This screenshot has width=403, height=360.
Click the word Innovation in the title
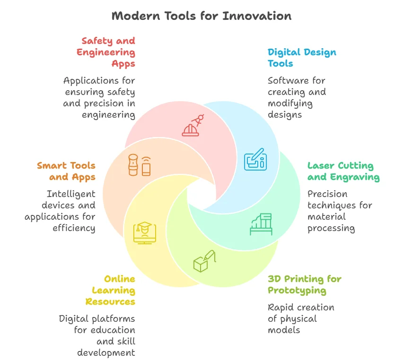[x=257, y=16]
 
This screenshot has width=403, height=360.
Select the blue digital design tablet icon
[x=255, y=160]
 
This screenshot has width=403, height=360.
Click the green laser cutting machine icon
[x=261, y=224]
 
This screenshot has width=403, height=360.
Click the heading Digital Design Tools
[x=302, y=58]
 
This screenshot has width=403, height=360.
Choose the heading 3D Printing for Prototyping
[x=304, y=284]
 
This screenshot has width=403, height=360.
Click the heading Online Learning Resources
[x=110, y=290]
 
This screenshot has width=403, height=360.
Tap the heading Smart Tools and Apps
[x=66, y=171]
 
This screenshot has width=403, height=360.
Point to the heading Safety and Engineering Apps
[x=106, y=52]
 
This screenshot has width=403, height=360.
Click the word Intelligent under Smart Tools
[x=71, y=194]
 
